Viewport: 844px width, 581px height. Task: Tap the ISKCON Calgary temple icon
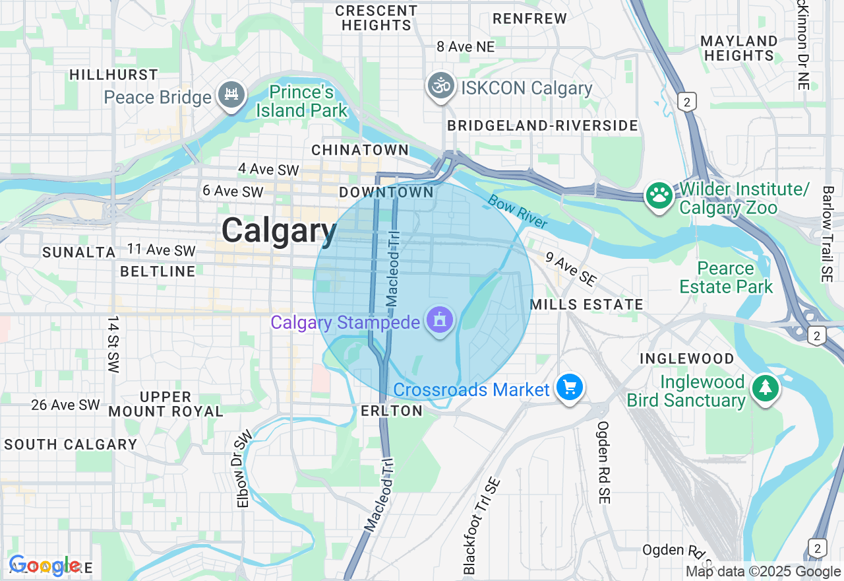pos(440,86)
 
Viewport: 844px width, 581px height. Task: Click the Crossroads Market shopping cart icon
pos(569,388)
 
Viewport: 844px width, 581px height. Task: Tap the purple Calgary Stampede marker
pos(440,321)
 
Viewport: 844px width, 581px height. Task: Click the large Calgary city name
pos(279,231)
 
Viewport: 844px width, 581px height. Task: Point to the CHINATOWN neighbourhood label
pos(360,151)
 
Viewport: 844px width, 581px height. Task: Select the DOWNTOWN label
pos(386,193)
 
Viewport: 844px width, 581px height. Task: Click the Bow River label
pos(518,211)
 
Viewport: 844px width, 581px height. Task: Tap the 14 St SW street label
pos(113,345)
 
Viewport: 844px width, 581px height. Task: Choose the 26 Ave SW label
pos(65,405)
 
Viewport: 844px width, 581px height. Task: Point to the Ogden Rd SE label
pos(603,462)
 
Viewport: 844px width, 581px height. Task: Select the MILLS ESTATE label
pos(586,304)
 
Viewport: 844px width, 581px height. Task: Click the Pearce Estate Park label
pos(726,278)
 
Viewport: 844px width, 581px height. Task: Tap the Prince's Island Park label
pos(302,101)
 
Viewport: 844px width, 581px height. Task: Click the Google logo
pos(45,566)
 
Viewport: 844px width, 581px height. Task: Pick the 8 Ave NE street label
pos(466,46)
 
